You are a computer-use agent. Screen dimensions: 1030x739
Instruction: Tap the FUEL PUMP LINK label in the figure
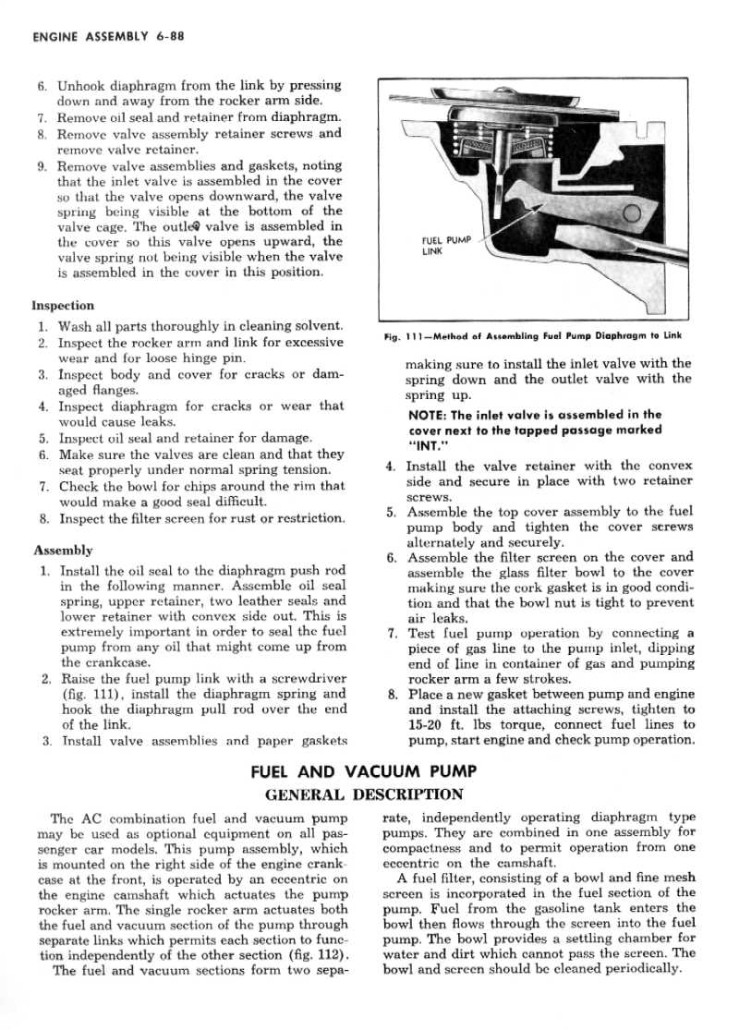pyautogui.click(x=444, y=246)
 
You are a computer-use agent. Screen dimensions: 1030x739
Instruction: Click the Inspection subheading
pyautogui.click(x=63, y=305)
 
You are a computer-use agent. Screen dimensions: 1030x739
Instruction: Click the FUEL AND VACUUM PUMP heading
pyautogui.click(x=364, y=772)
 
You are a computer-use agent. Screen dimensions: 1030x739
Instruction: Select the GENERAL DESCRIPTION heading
pyautogui.click(x=364, y=794)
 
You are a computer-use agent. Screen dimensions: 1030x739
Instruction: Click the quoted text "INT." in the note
pyautogui.click(x=426, y=445)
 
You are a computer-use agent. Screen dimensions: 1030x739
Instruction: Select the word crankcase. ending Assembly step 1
pyautogui.click(x=96, y=661)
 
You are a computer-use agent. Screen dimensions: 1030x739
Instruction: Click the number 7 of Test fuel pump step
pyautogui.click(x=393, y=634)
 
